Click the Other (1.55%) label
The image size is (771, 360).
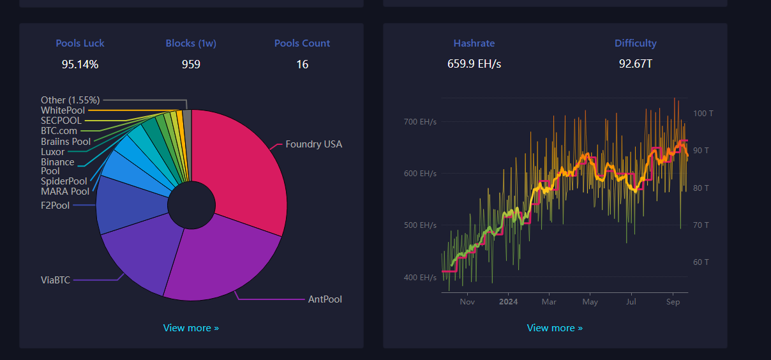70,100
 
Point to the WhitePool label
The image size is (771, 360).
63,110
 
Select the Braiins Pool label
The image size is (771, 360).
66,141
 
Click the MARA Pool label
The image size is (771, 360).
65,191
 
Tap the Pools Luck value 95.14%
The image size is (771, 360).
80,64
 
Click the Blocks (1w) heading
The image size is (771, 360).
191,43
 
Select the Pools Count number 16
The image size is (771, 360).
302,64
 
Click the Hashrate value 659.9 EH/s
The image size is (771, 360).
474,64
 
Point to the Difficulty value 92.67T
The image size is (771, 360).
635,64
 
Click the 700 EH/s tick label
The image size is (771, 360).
420,121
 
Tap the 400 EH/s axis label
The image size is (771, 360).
420,277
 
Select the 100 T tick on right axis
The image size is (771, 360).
702,113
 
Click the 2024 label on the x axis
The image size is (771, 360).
508,302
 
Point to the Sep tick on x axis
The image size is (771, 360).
673,302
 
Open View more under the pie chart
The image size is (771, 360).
191,328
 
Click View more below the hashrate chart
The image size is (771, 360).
555,328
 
